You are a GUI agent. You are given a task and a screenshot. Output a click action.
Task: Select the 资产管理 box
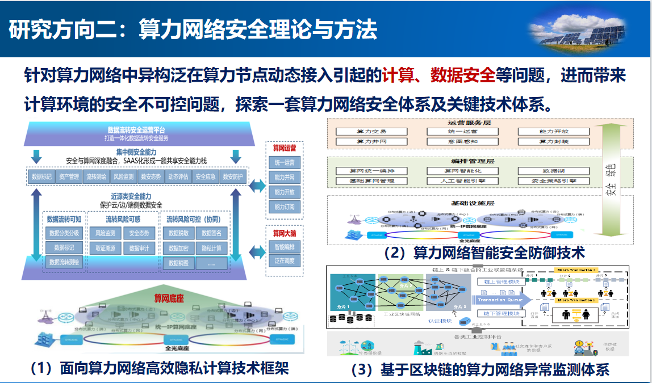pos(69,176)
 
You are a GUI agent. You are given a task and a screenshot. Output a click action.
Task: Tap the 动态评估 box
pos(178,176)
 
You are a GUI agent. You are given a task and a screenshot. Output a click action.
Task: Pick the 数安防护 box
pos(232,176)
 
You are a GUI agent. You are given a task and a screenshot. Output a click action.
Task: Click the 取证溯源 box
pos(106,248)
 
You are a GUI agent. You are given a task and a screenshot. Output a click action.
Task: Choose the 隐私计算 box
pos(211,248)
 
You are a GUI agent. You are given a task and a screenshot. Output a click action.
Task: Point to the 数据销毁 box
pos(178,263)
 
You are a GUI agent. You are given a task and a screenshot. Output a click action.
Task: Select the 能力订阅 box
pos(285,207)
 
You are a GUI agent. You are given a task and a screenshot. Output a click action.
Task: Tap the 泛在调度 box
pos(285,261)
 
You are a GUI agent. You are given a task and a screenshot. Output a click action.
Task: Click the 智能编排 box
pos(285,247)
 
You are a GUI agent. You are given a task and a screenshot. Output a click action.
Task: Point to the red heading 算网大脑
pos(285,233)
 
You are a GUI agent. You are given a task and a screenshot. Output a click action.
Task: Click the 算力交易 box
pos(371,131)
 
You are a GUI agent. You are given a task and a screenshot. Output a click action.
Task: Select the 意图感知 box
pos(463,141)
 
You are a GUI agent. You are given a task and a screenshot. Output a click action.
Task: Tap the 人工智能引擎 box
pos(463,181)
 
